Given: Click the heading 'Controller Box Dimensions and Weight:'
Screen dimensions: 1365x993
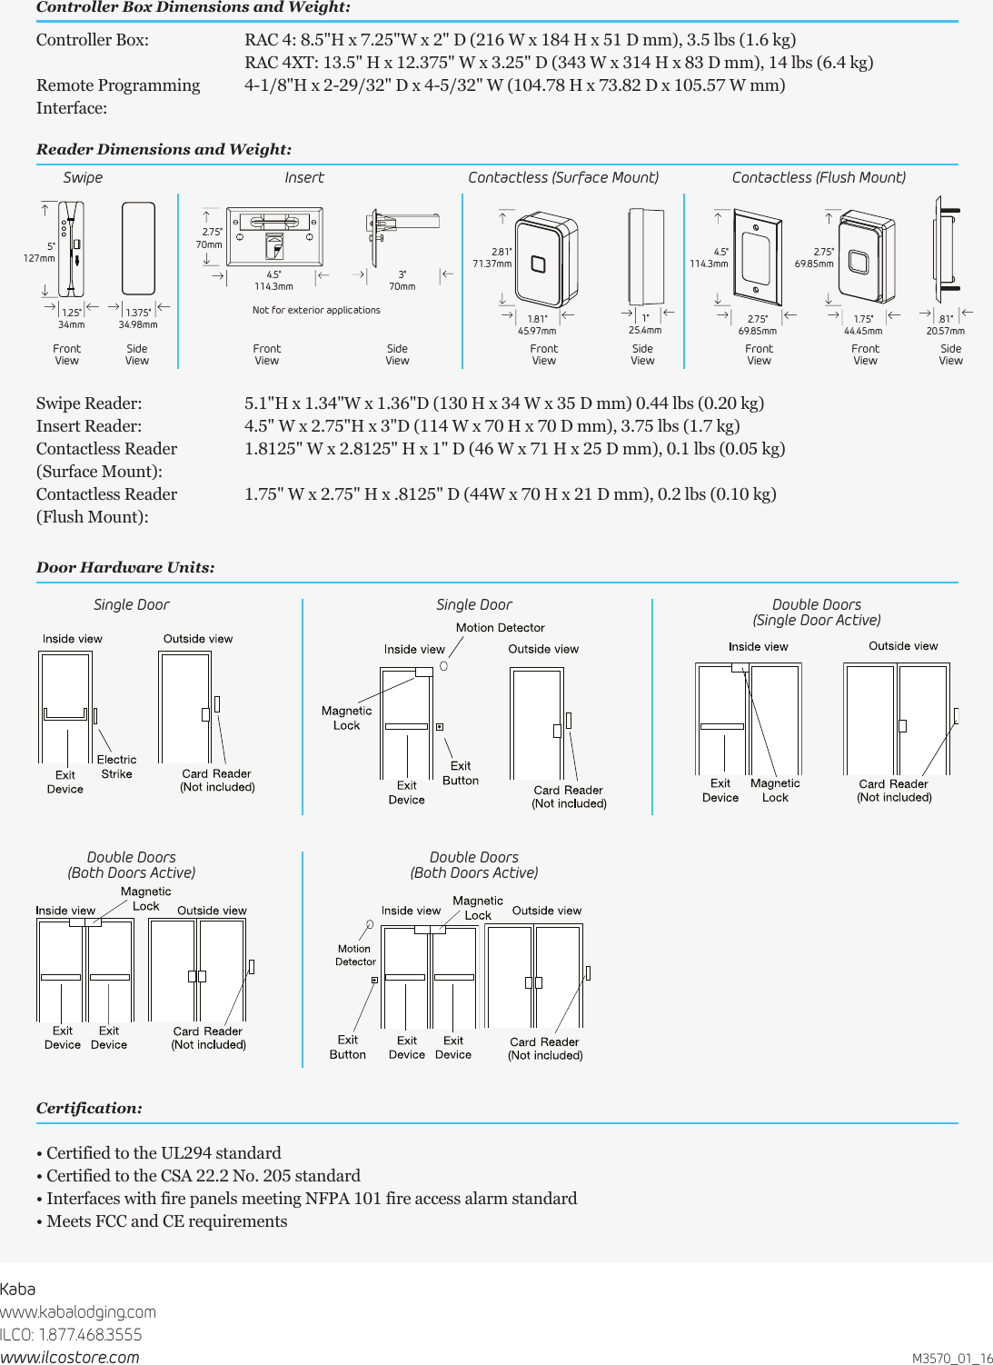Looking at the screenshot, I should [193, 7].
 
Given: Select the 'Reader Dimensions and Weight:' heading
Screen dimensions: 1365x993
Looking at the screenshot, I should [164, 149].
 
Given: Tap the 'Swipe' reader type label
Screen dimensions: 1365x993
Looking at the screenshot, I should [83, 177].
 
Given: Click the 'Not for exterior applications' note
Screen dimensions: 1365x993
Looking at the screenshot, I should [316, 310].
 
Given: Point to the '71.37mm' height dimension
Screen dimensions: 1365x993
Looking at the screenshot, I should [492, 264].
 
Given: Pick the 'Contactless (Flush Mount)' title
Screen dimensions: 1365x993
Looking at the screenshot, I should [819, 177].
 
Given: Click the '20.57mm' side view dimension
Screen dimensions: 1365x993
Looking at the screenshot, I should [945, 331].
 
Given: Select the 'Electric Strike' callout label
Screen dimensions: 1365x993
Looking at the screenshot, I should [116, 767].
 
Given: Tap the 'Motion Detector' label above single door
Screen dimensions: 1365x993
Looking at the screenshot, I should [500, 628].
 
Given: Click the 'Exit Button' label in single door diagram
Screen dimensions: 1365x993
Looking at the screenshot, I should [460, 773].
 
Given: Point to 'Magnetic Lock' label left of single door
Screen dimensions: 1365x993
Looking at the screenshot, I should [346, 718].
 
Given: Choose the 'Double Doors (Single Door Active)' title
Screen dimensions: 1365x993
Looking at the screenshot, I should [816, 613].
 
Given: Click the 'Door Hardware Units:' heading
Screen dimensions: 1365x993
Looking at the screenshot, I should [125, 567].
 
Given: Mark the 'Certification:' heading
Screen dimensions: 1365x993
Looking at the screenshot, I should [89, 1108].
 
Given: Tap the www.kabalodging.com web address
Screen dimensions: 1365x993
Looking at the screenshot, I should [78, 1311].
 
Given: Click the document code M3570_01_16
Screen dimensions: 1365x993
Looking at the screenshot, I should [951, 1358].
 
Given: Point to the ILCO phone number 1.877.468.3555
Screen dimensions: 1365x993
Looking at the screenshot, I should [71, 1334].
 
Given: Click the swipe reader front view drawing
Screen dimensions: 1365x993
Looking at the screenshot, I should [71, 248].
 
